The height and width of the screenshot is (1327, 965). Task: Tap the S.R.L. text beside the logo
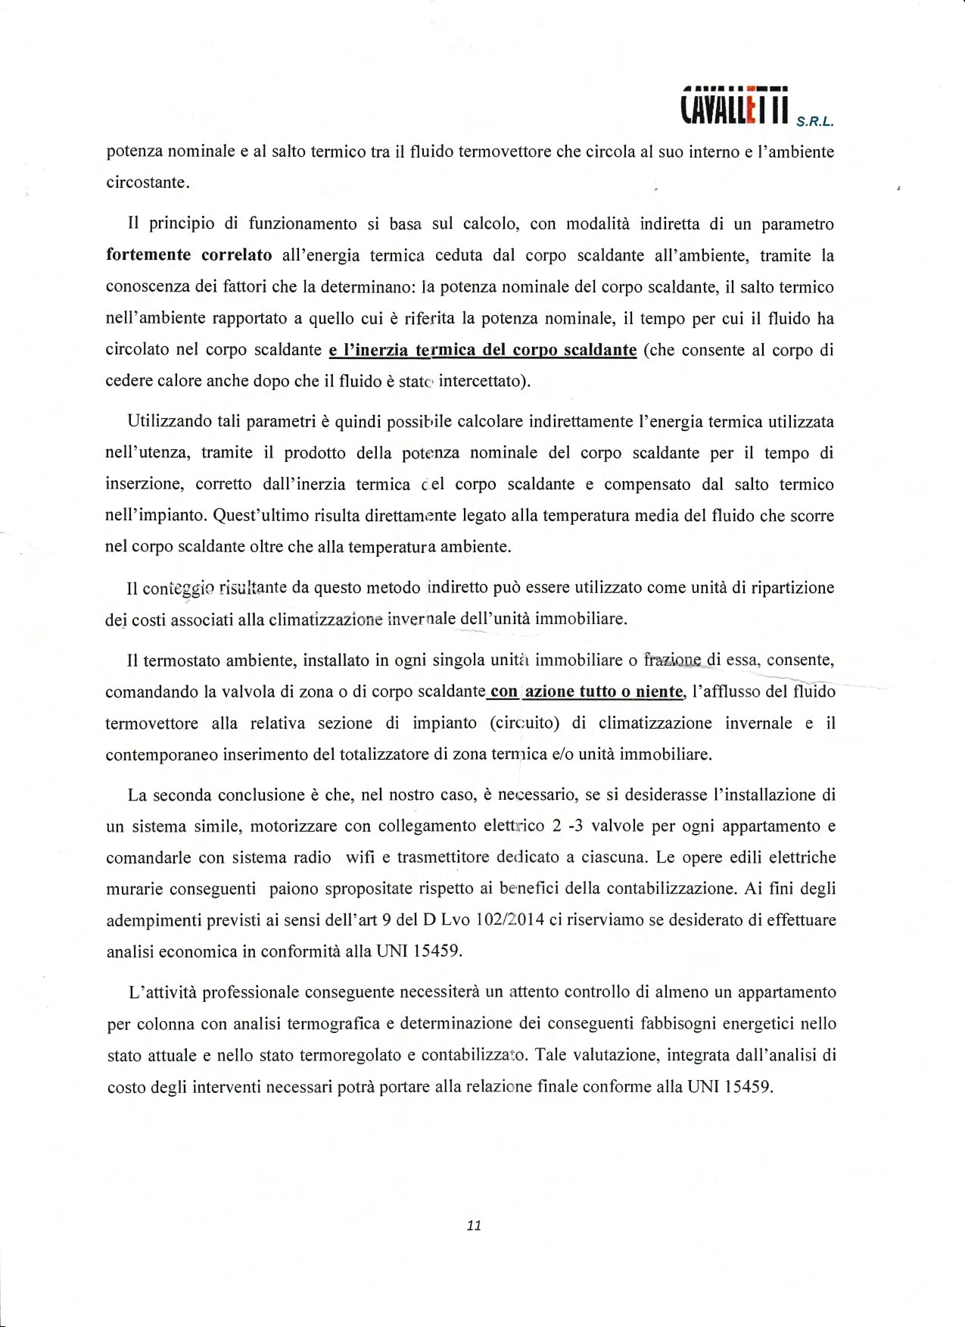(816, 120)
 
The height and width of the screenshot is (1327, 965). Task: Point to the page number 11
(475, 1226)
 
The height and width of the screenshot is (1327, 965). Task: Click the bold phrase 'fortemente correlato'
(189, 255)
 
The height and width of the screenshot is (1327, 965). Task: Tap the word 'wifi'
(361, 857)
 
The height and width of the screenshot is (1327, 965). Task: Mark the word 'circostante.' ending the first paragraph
(148, 183)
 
